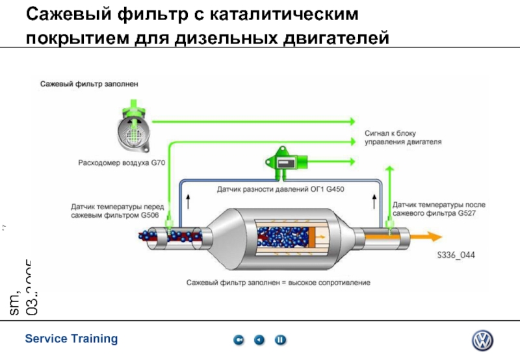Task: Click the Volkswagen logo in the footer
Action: pyautogui.click(x=482, y=341)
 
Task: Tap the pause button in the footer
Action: pyautogui.click(x=280, y=340)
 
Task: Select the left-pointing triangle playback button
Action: pyautogui.click(x=259, y=340)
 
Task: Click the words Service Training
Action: pyautogui.click(x=71, y=339)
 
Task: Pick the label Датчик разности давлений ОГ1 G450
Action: pyautogui.click(x=280, y=190)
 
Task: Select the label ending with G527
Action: pyautogui.click(x=439, y=209)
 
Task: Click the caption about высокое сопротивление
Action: pyautogui.click(x=278, y=283)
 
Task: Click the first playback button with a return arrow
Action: pyautogui.click(x=239, y=340)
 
